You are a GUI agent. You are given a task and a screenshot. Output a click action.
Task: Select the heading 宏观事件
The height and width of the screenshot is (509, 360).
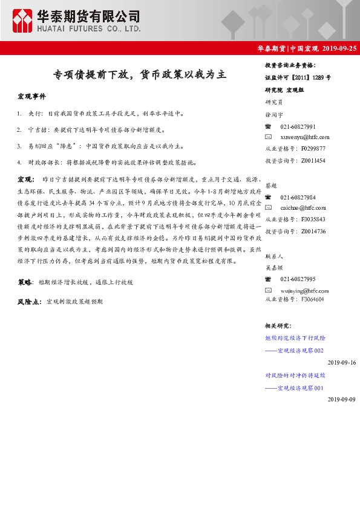tap(31, 97)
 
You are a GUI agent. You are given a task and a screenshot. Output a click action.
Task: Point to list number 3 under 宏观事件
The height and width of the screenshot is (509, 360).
tap(20, 146)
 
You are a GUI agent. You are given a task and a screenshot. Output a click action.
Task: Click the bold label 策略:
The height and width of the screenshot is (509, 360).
tap(25, 282)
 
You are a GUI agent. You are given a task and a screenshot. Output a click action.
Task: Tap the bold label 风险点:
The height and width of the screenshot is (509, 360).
tap(29, 301)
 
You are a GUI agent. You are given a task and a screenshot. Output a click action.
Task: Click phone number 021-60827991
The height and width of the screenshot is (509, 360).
tap(298, 127)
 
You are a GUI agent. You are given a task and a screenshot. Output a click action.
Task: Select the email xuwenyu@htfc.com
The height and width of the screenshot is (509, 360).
tap(305, 137)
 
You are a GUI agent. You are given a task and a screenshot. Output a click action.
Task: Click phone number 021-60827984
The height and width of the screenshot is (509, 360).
tap(298, 198)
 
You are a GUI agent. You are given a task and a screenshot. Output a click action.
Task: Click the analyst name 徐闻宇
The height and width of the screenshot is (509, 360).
tap(274, 114)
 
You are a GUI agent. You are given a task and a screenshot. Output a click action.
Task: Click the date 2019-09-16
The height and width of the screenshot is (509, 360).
tap(342, 362)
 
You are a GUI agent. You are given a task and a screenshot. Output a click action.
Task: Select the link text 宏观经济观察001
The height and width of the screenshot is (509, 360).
tap(299, 387)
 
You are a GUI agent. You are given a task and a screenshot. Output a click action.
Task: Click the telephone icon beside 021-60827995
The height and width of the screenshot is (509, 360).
tap(269, 278)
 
